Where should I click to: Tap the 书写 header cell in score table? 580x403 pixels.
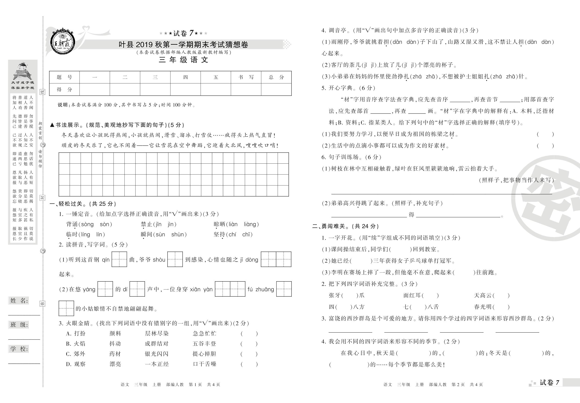[246, 77]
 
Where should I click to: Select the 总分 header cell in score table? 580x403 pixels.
[276, 77]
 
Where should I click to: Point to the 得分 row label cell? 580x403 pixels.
[64, 89]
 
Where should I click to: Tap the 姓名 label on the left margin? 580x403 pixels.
[19, 300]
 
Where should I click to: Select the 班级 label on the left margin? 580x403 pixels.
[19, 325]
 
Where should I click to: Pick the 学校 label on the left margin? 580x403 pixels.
[19, 349]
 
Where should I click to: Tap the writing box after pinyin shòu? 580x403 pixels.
[175, 259]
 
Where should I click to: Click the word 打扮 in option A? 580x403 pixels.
[80, 334]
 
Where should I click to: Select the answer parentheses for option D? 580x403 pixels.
[249, 364]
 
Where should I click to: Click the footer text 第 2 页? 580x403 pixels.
[458, 384]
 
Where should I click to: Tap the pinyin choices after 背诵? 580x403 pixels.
[95, 224]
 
